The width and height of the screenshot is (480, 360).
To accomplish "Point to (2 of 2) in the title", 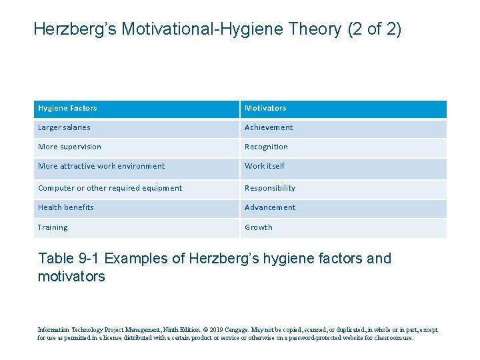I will [375, 29].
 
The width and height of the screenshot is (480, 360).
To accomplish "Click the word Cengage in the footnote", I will [235, 329].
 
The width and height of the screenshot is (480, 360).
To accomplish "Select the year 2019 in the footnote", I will [215, 329].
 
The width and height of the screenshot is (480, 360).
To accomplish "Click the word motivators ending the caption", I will [72, 276].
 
